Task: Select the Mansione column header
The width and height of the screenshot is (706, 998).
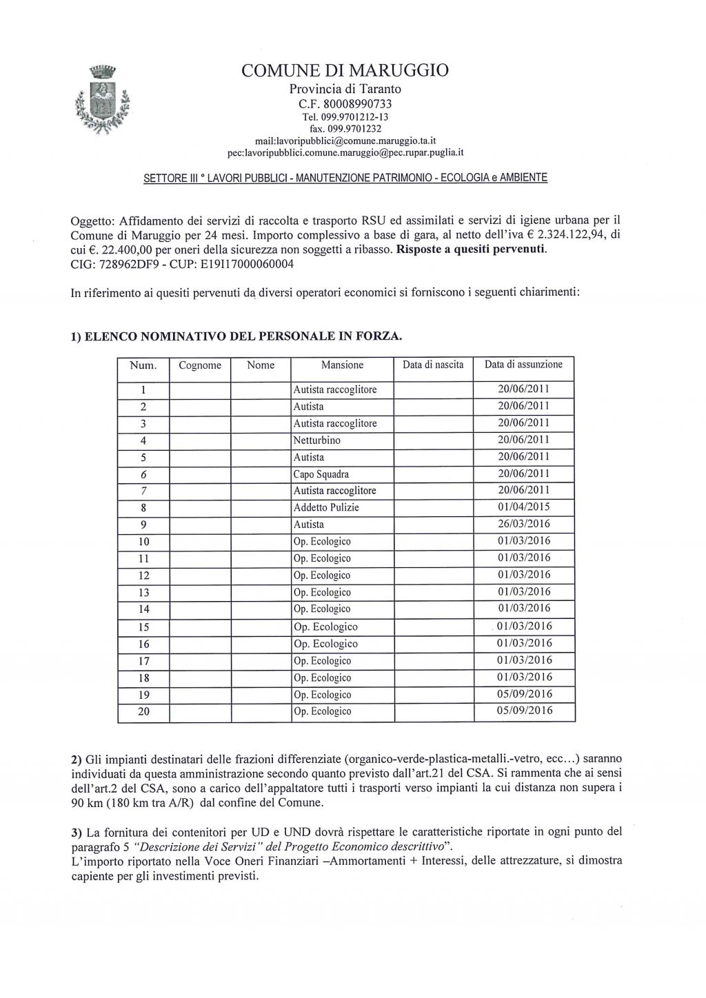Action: [x=342, y=365]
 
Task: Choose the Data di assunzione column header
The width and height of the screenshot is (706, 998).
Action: [x=523, y=365]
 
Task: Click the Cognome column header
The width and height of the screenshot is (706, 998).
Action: [x=200, y=365]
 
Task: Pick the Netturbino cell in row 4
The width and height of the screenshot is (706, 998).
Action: [x=317, y=440]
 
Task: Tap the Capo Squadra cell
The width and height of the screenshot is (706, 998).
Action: [x=321, y=474]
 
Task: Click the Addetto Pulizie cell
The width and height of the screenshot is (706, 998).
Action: [x=326, y=507]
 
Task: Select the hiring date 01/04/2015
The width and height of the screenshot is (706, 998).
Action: [x=524, y=507]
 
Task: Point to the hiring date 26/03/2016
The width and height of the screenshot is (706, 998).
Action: [x=524, y=525]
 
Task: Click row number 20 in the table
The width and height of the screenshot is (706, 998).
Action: [x=143, y=711]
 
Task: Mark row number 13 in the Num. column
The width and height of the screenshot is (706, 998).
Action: [x=143, y=592]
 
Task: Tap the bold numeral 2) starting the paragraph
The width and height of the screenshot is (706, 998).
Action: [x=77, y=760]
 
